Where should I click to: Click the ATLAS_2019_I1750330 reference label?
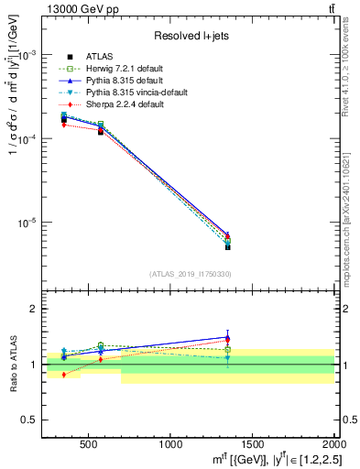pos(190,273)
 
